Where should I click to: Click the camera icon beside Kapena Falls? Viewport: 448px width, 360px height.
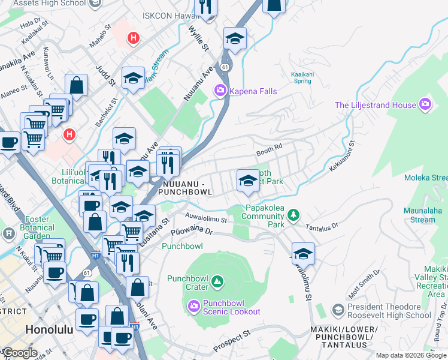[x=220, y=91]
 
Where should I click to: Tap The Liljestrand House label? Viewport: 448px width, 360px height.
[x=375, y=105]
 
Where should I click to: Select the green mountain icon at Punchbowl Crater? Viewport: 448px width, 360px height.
[x=217, y=280]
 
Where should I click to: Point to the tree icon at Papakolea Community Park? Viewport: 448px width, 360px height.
[x=293, y=215]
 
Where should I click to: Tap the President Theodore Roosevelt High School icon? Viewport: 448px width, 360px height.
[x=338, y=310]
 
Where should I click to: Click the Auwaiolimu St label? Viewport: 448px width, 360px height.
[x=205, y=220]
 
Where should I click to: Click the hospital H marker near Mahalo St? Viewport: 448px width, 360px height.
[x=134, y=39]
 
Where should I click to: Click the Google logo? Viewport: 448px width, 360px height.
[x=20, y=353]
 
